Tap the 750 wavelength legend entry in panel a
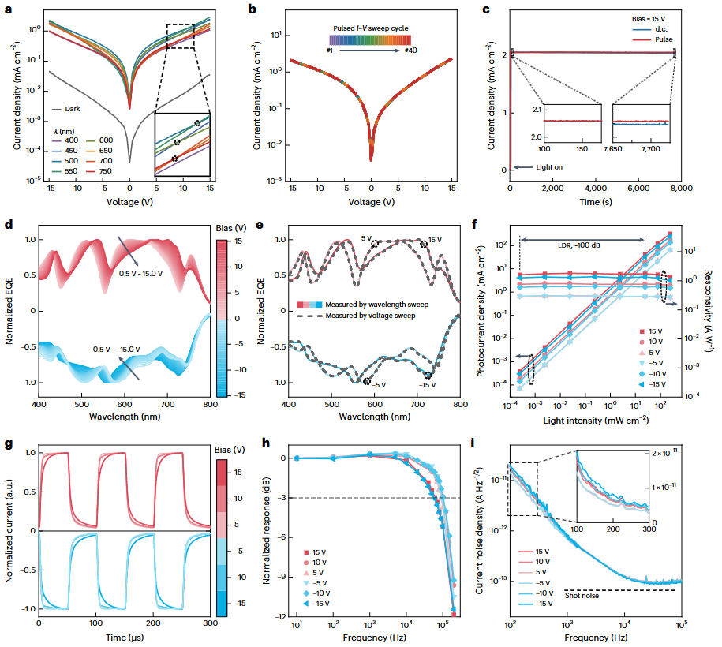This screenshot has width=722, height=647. pos(115,170)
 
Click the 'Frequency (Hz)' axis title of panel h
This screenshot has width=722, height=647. pos(374,638)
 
